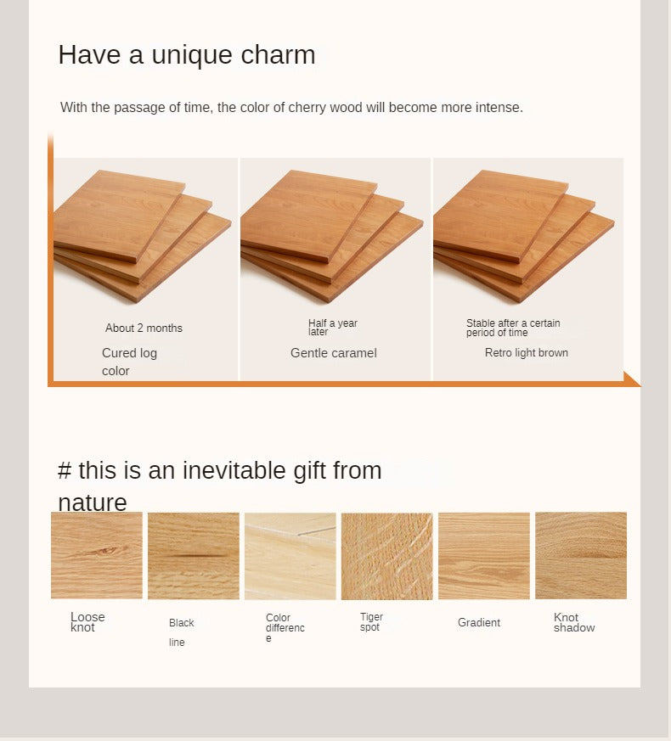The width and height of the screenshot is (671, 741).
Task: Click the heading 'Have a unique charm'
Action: [187, 54]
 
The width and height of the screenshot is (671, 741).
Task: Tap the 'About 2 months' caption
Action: [144, 328]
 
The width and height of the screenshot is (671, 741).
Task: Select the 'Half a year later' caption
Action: [332, 327]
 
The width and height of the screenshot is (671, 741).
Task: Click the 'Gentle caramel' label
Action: [333, 353]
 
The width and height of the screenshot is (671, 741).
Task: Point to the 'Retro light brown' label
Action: [527, 352]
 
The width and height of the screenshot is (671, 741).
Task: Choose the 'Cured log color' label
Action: [129, 362]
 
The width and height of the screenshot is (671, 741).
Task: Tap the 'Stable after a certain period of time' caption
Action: [513, 328]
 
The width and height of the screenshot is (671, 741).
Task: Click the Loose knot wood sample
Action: [97, 555]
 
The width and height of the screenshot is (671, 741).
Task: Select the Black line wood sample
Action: [194, 556]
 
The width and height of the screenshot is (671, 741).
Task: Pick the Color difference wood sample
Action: [290, 556]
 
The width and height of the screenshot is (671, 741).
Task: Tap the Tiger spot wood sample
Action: [386, 556]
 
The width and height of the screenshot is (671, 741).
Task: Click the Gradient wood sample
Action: [484, 556]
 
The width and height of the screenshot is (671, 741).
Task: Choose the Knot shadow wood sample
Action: [581, 555]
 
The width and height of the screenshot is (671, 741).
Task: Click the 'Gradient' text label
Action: [478, 622]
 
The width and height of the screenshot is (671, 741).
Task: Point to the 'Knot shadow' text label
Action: [574, 622]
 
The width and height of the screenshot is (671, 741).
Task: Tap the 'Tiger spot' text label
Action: [371, 622]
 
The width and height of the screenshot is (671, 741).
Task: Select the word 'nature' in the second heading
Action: [93, 502]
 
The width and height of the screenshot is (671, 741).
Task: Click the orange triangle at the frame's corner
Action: [631, 379]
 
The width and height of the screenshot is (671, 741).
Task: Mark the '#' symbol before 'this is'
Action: [65, 471]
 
